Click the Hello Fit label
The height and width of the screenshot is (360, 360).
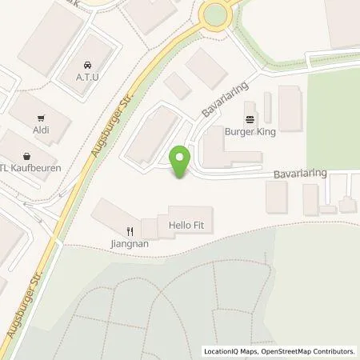[x=186, y=226]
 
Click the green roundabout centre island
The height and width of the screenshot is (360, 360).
[x=216, y=13]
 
